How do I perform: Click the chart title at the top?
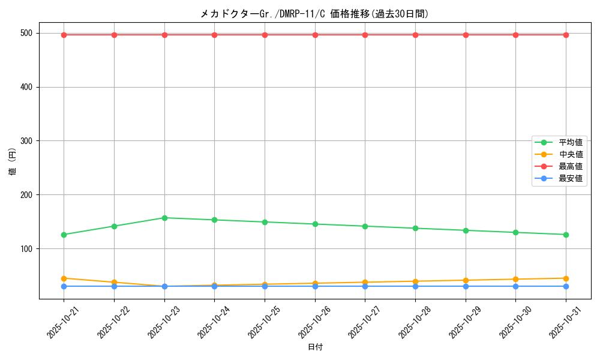pos(314,14)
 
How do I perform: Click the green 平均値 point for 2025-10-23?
pos(164,218)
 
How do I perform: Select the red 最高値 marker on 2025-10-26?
pos(315,35)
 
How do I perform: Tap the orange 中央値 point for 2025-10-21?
pos(64,278)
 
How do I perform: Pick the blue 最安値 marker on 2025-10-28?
pos(415,286)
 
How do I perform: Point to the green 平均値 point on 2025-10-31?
pos(566,235)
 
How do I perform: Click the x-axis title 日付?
pos(315,347)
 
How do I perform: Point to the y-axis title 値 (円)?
pos(13,162)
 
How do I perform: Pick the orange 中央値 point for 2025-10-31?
pos(566,278)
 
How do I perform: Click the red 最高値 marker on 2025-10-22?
pos(114,35)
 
